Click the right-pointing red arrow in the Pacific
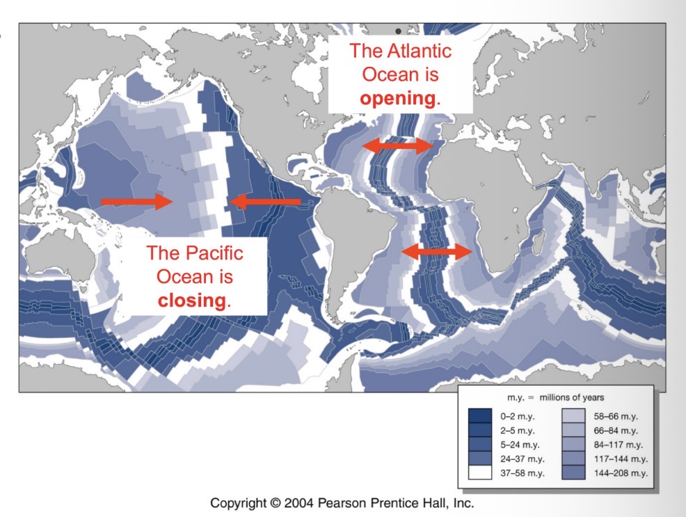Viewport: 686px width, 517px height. pos(136,202)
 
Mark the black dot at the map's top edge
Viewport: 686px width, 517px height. pos(398,31)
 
